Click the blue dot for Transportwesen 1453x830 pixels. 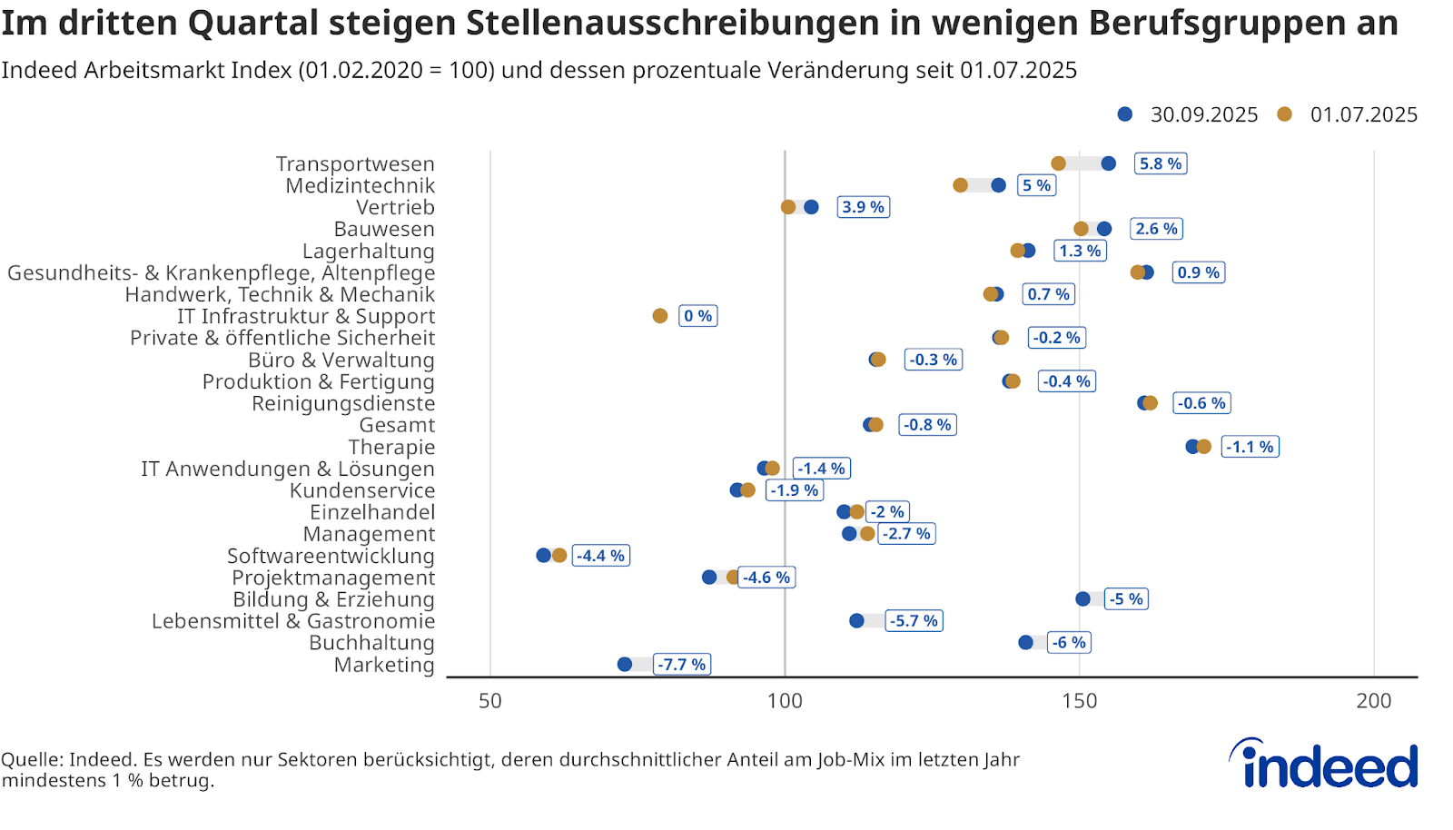(x=1108, y=163)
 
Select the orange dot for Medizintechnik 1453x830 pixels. (x=960, y=185)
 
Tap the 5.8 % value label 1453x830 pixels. (x=1161, y=163)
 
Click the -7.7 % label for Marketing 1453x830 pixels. (x=682, y=665)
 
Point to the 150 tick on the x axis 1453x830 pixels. (x=1079, y=701)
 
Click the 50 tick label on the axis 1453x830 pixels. (x=490, y=701)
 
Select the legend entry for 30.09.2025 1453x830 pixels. (x=1189, y=114)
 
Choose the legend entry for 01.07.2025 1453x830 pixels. (x=1349, y=114)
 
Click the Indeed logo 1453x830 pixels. (x=1324, y=765)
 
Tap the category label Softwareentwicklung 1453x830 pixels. (x=331, y=556)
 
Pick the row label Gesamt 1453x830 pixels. (x=397, y=425)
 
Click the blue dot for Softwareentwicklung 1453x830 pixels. (x=543, y=556)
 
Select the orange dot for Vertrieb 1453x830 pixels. (x=788, y=207)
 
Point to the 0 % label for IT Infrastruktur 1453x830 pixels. (x=698, y=316)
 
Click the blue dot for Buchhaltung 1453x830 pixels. (x=1025, y=643)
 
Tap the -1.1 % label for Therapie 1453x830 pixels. (x=1250, y=447)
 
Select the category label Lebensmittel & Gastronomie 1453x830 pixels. (x=293, y=621)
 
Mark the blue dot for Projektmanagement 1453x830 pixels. (x=709, y=578)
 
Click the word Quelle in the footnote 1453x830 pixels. (x=31, y=760)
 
